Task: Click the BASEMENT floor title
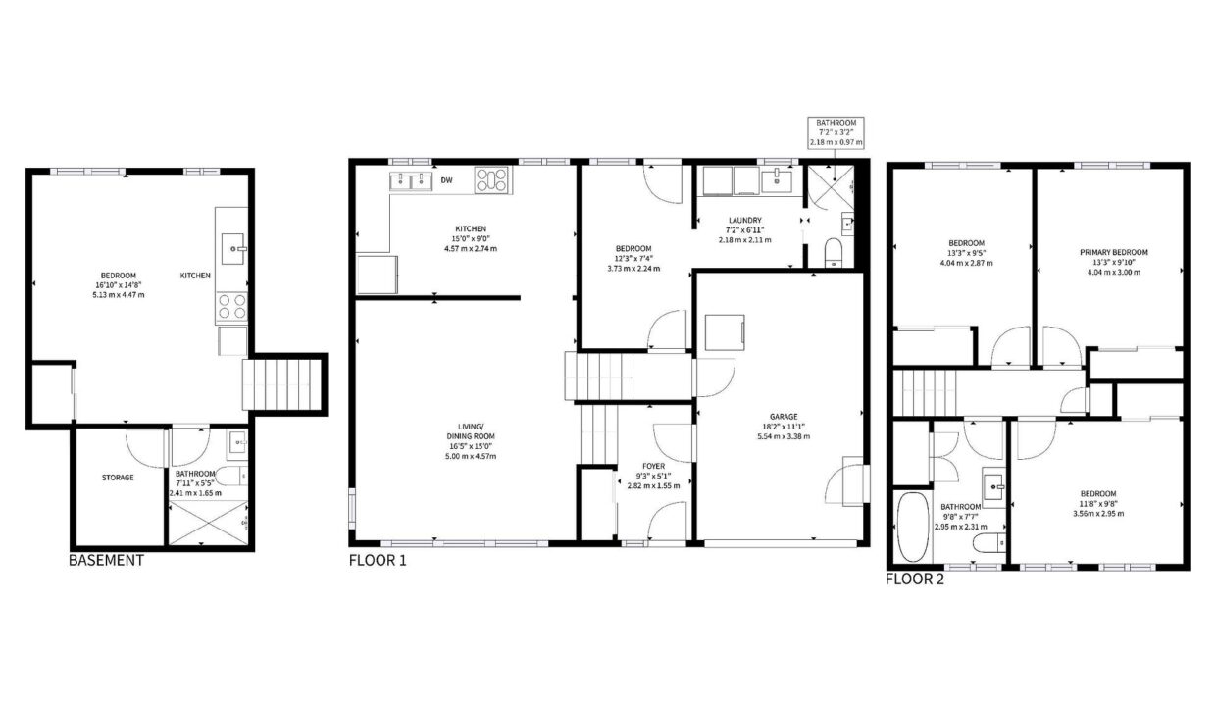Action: (106, 560)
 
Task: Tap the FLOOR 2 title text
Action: (915, 579)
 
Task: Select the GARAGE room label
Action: (784, 416)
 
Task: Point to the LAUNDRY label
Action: (745, 220)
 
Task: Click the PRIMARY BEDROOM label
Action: (1113, 252)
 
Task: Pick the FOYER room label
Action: (653, 466)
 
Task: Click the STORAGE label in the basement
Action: (118, 478)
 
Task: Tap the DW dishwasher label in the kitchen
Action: (447, 180)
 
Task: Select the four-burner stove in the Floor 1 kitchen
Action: (493, 180)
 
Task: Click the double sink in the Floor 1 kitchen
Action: (411, 181)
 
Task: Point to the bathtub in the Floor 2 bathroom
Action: (913, 528)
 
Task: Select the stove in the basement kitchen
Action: (231, 307)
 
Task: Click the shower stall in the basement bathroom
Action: (209, 523)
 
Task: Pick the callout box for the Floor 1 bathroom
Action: (836, 132)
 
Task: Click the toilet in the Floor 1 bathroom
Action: (833, 253)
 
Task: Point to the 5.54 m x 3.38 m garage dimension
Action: (784, 436)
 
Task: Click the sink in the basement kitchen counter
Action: (233, 248)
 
